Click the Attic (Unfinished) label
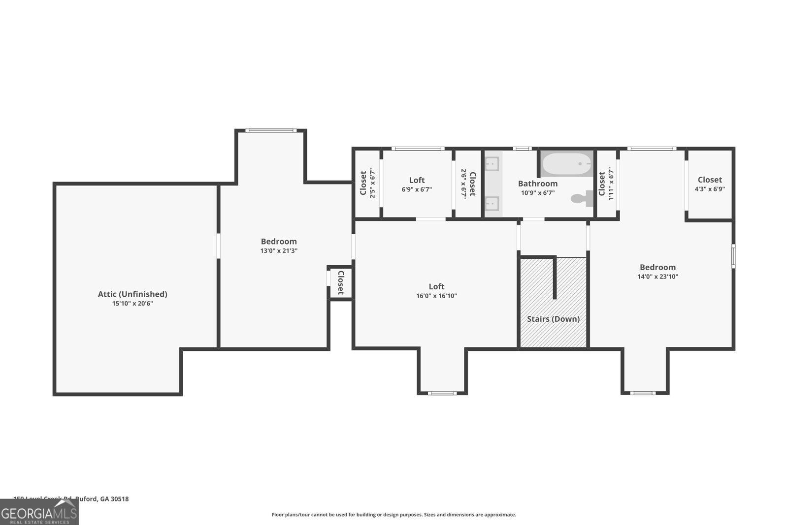(132, 294)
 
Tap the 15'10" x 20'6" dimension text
(132, 304)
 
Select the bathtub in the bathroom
(566, 164)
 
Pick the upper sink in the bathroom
(492, 164)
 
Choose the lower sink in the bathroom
(492, 203)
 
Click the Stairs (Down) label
(553, 319)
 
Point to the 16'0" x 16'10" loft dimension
(436, 296)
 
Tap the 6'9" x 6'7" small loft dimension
(417, 189)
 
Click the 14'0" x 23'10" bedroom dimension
(657, 277)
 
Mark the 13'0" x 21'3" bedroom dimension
(279, 250)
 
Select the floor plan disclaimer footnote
(394, 515)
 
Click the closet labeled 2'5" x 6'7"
(367, 183)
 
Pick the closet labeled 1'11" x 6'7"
(606, 183)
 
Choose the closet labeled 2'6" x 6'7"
(468, 183)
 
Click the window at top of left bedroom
(271, 130)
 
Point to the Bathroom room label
(538, 184)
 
